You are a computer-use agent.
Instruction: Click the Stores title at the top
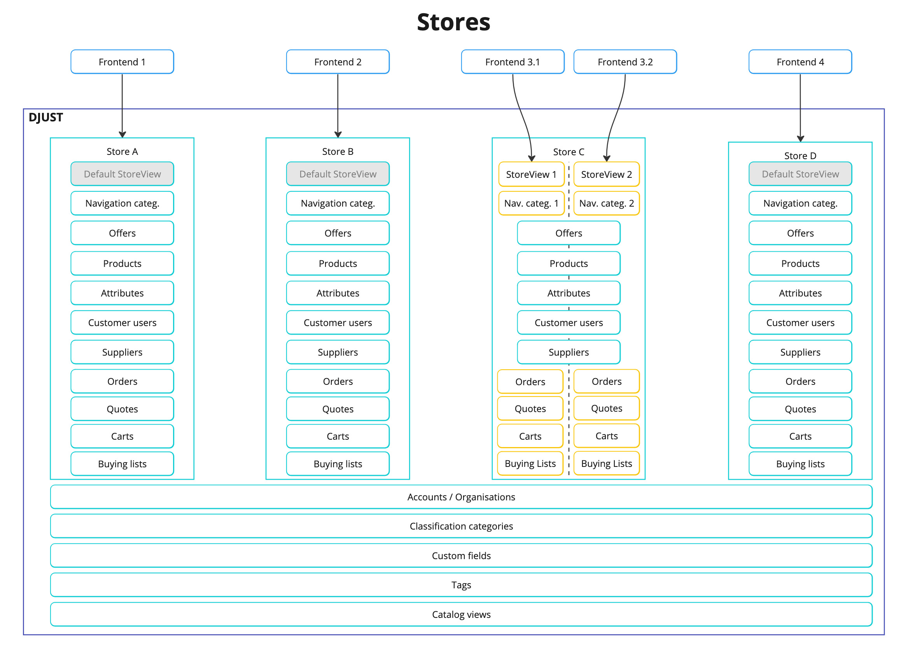click(x=453, y=22)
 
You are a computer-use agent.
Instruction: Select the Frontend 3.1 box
click(x=512, y=62)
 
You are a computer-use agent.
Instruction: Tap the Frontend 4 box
click(x=800, y=62)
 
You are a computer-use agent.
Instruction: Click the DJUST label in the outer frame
click(x=45, y=118)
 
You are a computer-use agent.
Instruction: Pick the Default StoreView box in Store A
click(x=122, y=174)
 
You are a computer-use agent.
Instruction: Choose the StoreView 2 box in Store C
click(x=606, y=174)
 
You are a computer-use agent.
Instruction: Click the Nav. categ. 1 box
click(x=531, y=203)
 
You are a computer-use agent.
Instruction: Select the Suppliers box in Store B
click(x=338, y=352)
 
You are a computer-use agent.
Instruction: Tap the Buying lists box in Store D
click(x=800, y=464)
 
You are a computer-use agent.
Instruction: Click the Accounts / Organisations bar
click(x=461, y=497)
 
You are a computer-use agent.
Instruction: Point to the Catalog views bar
click(x=461, y=614)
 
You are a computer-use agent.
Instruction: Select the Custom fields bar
click(x=461, y=556)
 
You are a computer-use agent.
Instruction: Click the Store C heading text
click(x=568, y=152)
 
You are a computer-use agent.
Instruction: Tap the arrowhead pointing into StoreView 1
click(x=532, y=158)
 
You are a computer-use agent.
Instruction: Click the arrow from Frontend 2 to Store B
click(x=338, y=105)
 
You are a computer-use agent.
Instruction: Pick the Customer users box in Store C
click(x=568, y=323)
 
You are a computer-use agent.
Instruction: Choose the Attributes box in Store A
click(x=122, y=293)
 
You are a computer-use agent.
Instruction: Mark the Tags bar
click(x=461, y=585)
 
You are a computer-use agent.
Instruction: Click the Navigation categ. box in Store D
click(x=800, y=203)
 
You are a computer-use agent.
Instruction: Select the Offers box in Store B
click(x=338, y=233)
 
